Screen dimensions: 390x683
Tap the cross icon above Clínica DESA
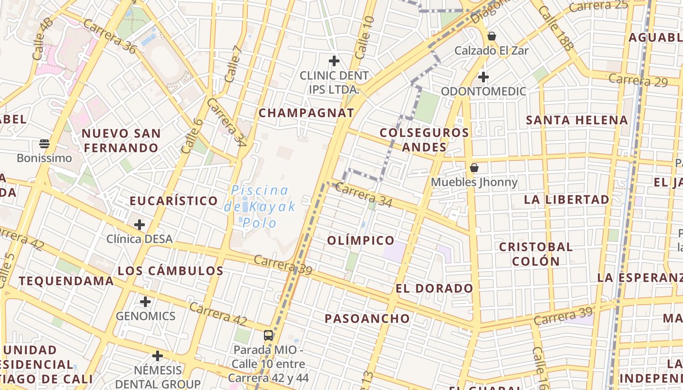[x=140, y=225]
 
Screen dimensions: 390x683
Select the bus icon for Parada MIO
[x=268, y=335]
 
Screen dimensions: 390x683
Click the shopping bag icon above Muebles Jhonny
[x=474, y=168]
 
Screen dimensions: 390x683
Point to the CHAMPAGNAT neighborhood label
[x=306, y=113]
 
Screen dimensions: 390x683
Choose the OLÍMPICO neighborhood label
[x=361, y=240]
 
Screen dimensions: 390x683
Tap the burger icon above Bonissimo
[x=44, y=144]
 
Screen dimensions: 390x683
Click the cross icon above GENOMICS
[x=145, y=302]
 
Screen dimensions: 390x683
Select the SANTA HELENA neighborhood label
[x=577, y=120]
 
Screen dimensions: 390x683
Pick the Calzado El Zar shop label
[x=491, y=50]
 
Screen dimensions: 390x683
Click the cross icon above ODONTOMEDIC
[x=483, y=77]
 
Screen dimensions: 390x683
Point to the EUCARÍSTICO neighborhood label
[x=174, y=201]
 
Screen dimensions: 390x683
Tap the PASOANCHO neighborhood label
[x=368, y=319]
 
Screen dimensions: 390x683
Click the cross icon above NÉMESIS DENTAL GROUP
[x=157, y=356]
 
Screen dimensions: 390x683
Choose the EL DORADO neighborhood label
[x=434, y=289]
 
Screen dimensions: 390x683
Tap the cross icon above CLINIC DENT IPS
[x=334, y=61]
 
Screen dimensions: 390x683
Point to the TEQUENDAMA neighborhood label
[x=66, y=281]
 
